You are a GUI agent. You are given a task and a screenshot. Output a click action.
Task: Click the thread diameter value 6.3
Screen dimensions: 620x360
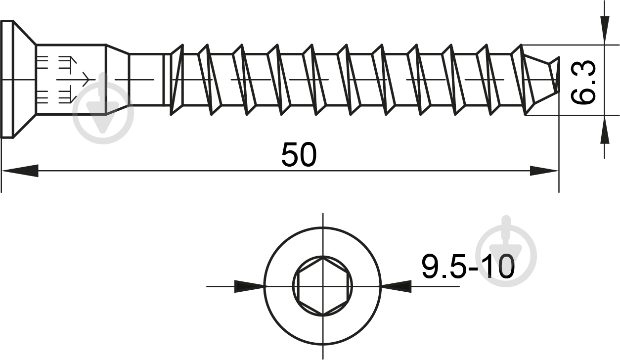tap(583, 83)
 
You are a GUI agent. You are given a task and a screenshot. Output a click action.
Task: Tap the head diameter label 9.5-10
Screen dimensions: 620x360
tap(468, 267)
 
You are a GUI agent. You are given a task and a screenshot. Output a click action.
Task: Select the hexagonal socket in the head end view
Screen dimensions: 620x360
tap(322, 285)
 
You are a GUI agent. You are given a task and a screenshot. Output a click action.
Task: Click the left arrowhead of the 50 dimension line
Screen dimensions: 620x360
tap(20, 171)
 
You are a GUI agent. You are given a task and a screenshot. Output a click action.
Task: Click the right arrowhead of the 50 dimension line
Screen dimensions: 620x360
tap(544, 171)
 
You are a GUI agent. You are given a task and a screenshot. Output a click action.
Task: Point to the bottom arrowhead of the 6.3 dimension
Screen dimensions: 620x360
tap(605, 130)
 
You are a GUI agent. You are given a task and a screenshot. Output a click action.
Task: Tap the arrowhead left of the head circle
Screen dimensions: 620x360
tap(249, 286)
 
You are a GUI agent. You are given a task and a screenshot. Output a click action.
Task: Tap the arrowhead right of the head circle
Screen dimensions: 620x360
tap(397, 286)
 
